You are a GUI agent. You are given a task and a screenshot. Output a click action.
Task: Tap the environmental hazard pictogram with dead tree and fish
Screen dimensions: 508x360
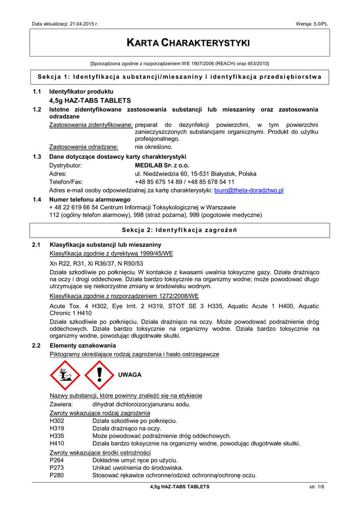(65, 375)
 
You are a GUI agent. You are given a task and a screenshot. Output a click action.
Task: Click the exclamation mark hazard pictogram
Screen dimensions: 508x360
(99, 375)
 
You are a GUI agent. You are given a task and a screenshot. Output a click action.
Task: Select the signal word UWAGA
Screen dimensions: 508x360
(130, 375)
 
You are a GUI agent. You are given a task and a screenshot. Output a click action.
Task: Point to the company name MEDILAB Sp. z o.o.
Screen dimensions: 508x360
(162, 165)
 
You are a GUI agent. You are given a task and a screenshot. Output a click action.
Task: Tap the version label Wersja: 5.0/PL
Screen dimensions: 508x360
(311, 24)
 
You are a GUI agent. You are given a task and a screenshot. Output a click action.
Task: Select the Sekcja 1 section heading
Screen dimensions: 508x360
(180, 76)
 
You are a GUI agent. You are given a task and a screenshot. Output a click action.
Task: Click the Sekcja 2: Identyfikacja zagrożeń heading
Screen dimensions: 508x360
(180, 230)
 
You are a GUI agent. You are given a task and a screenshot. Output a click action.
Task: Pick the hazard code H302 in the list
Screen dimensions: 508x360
(57, 421)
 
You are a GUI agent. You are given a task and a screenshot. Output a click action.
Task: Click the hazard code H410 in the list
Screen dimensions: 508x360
(57, 443)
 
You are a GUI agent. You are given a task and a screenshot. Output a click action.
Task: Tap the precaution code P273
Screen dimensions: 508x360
(57, 468)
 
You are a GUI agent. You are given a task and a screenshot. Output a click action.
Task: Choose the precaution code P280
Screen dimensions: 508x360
(57, 475)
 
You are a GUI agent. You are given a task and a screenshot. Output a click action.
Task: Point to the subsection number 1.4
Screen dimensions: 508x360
(36, 199)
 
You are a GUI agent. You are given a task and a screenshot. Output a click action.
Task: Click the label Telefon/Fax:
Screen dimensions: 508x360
(66, 182)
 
